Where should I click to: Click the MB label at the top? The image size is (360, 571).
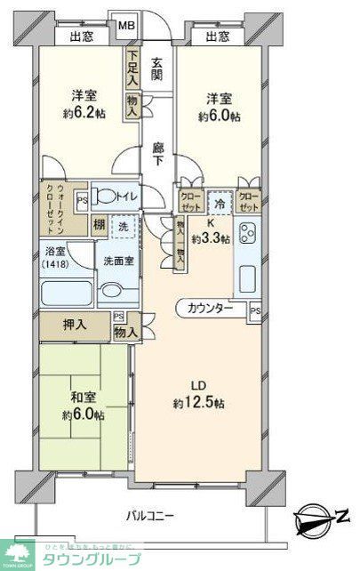129,25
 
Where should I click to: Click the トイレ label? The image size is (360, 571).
122,197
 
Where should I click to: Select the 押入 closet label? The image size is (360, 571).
75,326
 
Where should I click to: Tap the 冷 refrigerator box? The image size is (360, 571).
219,200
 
